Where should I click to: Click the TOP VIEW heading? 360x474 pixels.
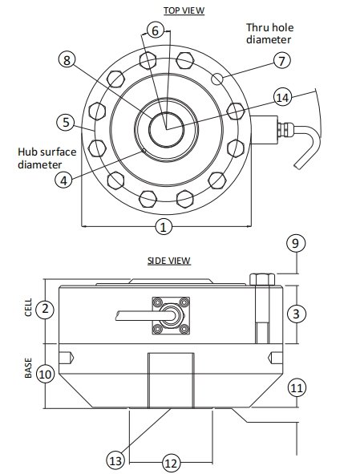click(184, 10)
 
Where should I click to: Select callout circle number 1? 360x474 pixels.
click(163, 227)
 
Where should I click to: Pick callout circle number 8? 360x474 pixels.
click(67, 60)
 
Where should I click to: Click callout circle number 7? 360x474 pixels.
click(281, 61)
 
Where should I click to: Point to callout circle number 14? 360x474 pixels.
click(281, 97)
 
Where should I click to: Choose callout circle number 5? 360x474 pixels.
click(65, 123)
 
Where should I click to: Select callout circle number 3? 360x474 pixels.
click(297, 314)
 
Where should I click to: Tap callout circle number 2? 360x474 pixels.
click(46, 308)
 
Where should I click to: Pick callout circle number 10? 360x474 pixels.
click(46, 373)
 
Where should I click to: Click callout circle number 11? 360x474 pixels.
click(297, 387)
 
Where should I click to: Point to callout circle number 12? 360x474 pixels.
click(170, 462)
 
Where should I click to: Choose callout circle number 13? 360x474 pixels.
click(116, 460)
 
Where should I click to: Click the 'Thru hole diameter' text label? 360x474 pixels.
click(269, 32)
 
